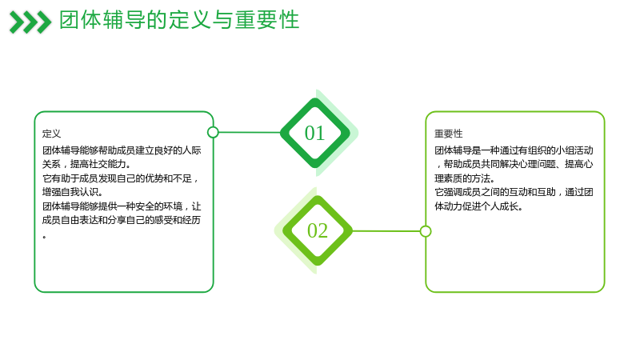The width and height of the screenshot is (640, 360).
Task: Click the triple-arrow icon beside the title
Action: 30,22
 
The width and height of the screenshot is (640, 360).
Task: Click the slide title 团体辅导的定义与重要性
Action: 179,20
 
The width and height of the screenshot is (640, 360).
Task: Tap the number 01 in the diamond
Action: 314,133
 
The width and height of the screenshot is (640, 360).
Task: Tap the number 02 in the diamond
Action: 318,230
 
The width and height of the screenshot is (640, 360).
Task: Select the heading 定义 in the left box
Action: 51,134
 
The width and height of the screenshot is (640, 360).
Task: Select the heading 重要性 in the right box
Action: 448,134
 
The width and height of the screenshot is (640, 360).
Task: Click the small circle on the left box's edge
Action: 213,132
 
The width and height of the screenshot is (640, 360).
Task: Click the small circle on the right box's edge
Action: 426,231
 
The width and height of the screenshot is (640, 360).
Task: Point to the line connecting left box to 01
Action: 250,132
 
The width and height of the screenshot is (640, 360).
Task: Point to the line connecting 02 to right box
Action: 386,231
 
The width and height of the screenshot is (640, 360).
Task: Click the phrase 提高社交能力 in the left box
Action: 98,164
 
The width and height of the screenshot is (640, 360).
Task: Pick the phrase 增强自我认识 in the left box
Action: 70,192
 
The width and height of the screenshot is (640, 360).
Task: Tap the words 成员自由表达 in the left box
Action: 70,221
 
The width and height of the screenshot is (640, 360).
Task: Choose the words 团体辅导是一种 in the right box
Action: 467,150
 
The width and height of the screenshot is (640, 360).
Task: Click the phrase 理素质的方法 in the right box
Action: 462,178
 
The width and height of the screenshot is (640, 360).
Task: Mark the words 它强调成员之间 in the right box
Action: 467,192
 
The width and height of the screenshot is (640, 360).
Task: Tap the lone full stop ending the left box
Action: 44,237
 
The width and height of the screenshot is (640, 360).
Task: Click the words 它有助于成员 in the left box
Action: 70,178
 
